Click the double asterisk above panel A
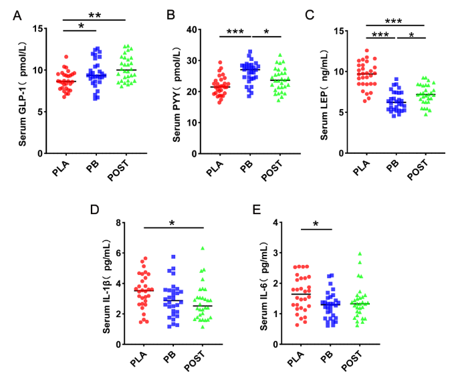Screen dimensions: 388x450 94,14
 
